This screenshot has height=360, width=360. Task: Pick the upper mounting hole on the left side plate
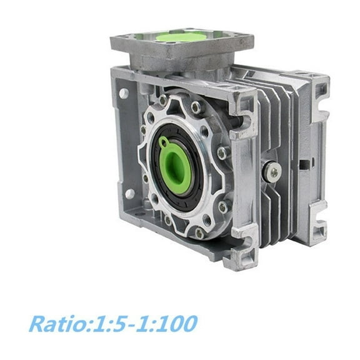click(x=124, y=93)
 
